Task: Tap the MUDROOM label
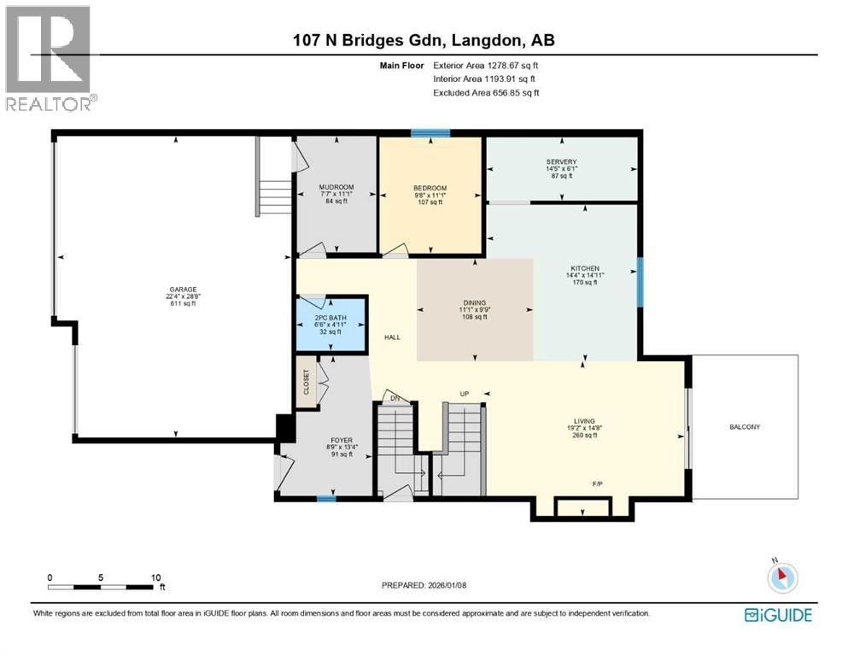tap(336, 187)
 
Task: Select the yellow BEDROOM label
tap(430, 188)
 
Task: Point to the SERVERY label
tap(561, 162)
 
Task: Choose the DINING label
tap(474, 302)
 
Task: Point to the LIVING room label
tap(584, 420)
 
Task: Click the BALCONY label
tap(744, 427)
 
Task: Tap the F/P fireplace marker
tap(597, 484)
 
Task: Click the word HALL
tap(392, 337)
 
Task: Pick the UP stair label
tap(465, 394)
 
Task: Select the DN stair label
tap(395, 397)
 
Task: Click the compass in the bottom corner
tap(781, 577)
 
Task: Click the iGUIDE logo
tap(777, 615)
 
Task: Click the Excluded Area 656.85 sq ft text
tap(486, 93)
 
